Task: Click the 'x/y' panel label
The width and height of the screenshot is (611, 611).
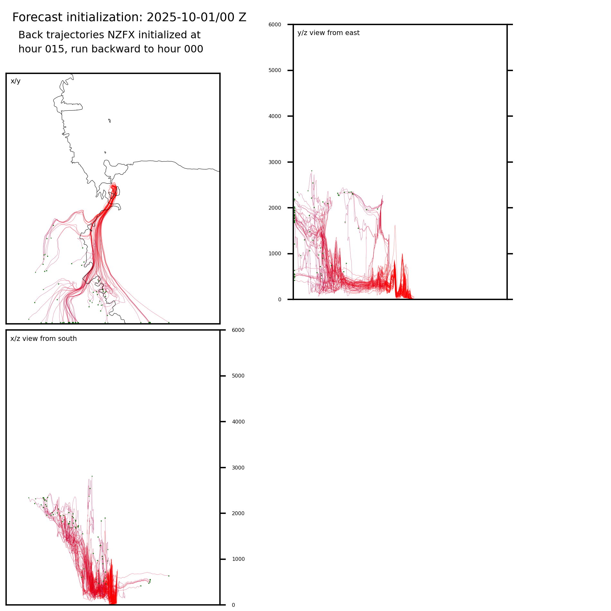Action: point(15,81)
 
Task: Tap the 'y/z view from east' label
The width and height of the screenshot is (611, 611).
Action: point(328,33)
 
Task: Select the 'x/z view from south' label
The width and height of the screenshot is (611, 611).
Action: point(43,339)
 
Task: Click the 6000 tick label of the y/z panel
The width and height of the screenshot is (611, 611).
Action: point(275,24)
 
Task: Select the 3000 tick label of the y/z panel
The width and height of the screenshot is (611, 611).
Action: point(275,162)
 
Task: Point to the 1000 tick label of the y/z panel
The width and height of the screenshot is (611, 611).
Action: point(275,254)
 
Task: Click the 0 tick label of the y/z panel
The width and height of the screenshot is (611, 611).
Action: point(279,300)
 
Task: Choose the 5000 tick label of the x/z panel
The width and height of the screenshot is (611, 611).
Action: point(238,376)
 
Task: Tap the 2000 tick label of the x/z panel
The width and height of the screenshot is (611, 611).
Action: point(238,513)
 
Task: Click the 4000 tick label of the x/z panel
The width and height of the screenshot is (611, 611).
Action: point(238,422)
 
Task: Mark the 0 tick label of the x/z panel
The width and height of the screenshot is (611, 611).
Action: point(233,605)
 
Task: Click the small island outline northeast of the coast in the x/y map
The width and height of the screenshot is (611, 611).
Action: point(110,121)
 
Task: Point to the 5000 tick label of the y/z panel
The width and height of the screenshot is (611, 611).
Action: point(275,70)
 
